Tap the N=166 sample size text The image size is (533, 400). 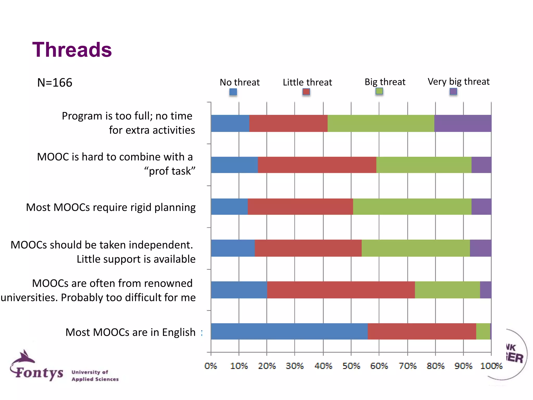(55, 83)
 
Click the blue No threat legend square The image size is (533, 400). (233, 92)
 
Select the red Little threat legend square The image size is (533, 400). (306, 92)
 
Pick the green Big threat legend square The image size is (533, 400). (379, 91)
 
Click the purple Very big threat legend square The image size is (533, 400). (453, 91)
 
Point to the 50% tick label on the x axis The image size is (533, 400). (351, 366)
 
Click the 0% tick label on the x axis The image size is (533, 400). (211, 366)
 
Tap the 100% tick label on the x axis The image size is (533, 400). (491, 366)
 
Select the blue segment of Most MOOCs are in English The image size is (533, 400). (289, 331)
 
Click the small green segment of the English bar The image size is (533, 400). (483, 331)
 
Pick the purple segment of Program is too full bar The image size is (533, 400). (462, 123)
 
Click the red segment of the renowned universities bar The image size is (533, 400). (341, 290)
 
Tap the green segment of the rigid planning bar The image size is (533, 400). (412, 207)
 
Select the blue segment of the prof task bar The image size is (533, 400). (234, 165)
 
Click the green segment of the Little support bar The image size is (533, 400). (416, 248)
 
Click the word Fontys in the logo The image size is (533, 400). (39, 372)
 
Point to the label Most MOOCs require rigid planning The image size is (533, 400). (111, 207)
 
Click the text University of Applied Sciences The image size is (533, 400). (95, 376)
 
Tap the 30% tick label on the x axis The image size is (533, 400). (295, 366)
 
